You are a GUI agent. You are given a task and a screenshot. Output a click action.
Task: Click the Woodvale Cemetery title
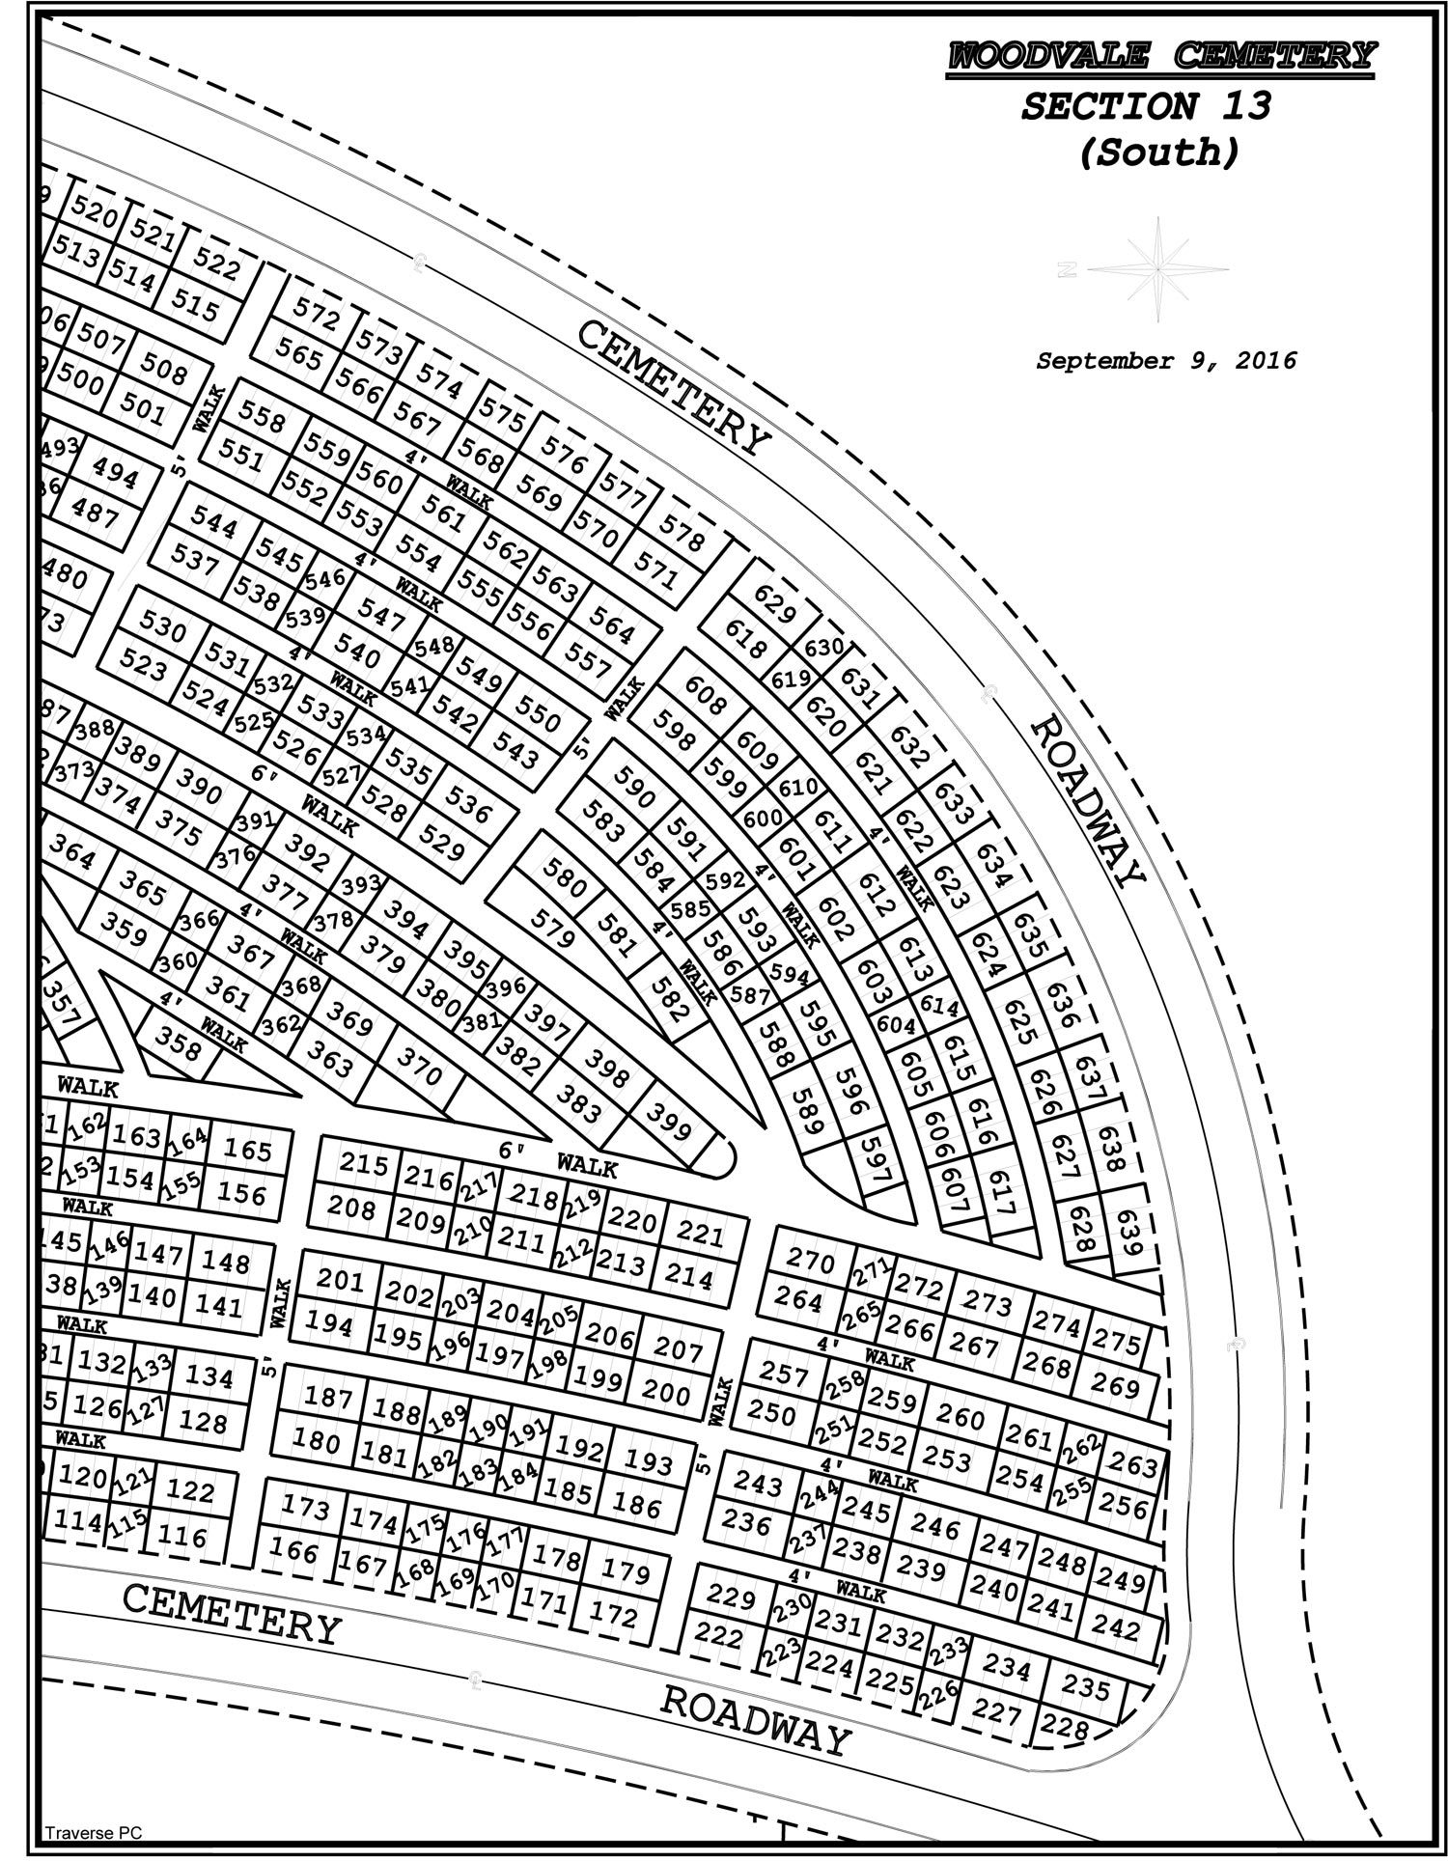pyautogui.click(x=1160, y=55)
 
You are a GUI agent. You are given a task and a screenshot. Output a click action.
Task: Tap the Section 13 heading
pyautogui.click(x=1147, y=106)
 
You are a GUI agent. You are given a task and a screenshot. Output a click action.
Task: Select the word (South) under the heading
pyautogui.click(x=1158, y=153)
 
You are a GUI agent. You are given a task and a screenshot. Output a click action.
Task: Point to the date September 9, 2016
pyautogui.click(x=1166, y=361)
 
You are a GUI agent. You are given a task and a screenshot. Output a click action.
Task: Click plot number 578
pyautogui.click(x=682, y=532)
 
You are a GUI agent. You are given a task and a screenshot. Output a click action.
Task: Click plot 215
pyautogui.click(x=364, y=1164)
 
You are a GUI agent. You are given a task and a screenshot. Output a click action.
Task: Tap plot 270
pyautogui.click(x=811, y=1259)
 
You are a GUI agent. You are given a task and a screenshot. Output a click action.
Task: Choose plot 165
pyautogui.click(x=248, y=1150)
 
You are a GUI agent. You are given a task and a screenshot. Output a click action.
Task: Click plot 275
pyautogui.click(x=1117, y=1343)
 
